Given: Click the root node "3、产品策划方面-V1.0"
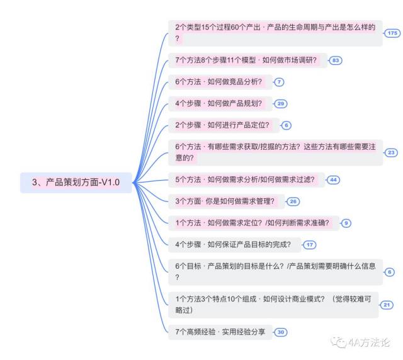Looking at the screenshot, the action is click(76, 183).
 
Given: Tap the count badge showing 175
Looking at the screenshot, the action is click(392, 33).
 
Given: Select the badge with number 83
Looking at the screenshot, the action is click(336, 60).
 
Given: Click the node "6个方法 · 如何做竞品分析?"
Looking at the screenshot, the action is click(220, 82).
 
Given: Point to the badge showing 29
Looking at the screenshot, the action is click(281, 104).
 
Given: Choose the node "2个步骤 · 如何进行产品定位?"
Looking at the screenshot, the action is click(224, 125).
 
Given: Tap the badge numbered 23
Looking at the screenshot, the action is click(391, 153).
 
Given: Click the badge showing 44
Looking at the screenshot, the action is click(333, 180).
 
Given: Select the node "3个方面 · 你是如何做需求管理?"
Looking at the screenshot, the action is click(227, 201).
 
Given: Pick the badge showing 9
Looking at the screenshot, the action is click(346, 223).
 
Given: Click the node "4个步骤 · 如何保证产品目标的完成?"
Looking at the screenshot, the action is click(235, 245).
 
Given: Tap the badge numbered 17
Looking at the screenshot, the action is click(310, 245).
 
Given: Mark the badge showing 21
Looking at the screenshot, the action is click(387, 305).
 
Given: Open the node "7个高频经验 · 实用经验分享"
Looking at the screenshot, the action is click(220, 332).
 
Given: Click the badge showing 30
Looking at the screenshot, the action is click(281, 332).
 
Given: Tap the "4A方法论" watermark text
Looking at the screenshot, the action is click(369, 342).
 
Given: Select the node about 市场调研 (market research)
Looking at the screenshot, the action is click(247, 60).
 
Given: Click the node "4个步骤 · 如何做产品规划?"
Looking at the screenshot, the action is click(220, 104).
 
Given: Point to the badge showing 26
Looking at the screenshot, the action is click(293, 201).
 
